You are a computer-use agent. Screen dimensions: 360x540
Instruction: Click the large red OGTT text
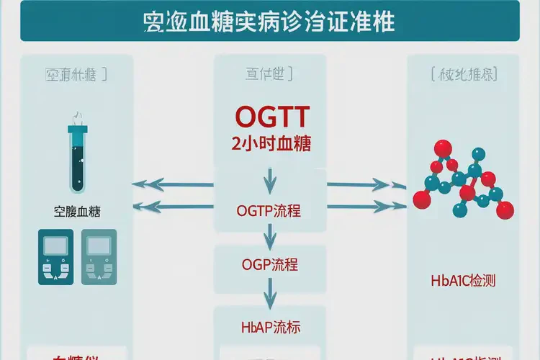pyautogui.click(x=271, y=117)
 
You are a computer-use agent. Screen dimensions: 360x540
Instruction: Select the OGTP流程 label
pyautogui.click(x=269, y=211)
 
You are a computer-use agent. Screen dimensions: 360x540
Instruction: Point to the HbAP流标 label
pyautogui.click(x=269, y=328)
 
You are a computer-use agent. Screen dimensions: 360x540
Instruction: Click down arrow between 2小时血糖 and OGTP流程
pyautogui.click(x=269, y=178)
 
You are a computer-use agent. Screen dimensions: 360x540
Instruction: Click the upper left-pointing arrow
pyautogui.click(x=174, y=185)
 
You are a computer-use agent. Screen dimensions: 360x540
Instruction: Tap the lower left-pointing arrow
pyautogui.click(x=174, y=207)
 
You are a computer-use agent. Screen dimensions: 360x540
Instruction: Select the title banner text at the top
pyautogui.click(x=269, y=21)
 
